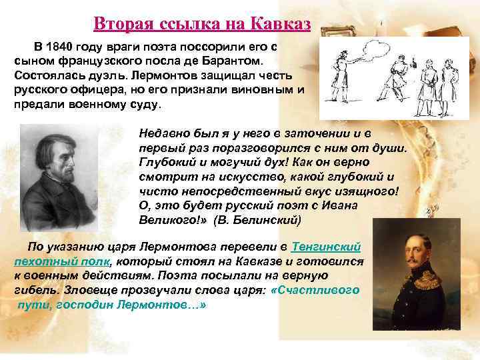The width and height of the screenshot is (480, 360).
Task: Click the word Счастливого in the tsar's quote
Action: tap(318, 290)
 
